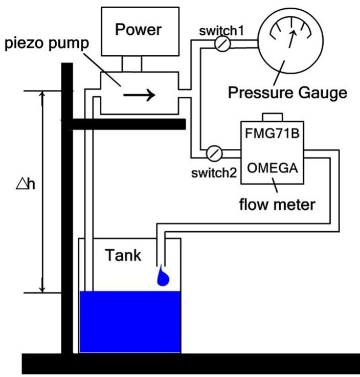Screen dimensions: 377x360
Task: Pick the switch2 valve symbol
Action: pyautogui.click(x=215, y=152)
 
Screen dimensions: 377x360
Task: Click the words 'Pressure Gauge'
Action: pyautogui.click(x=287, y=93)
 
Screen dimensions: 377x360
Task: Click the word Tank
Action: pyautogui.click(x=123, y=255)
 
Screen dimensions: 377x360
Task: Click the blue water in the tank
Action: pyautogui.click(x=130, y=322)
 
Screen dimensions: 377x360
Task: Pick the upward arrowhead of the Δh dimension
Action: pyautogui.click(x=43, y=96)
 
